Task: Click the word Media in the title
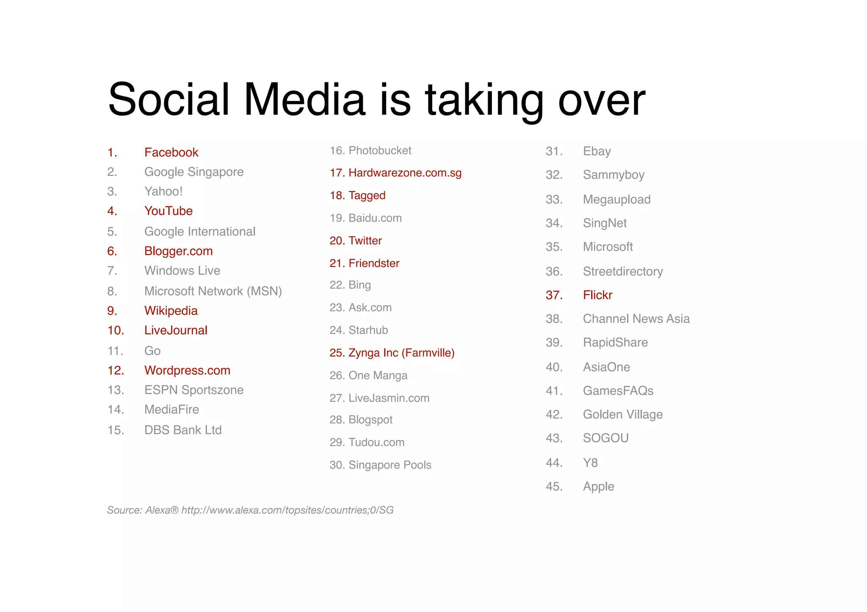click(304, 99)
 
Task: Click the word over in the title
click(602, 102)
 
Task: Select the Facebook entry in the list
click(171, 152)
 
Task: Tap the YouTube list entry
click(168, 211)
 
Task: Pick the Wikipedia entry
click(171, 310)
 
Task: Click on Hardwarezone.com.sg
click(405, 173)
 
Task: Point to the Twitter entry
click(365, 241)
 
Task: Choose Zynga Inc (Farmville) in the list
click(401, 353)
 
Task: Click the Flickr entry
click(597, 295)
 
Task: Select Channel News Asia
click(636, 318)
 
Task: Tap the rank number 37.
click(554, 295)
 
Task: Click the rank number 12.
click(116, 370)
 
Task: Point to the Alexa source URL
click(287, 510)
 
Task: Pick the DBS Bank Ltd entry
click(183, 430)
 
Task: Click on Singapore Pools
click(389, 465)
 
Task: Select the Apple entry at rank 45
click(598, 486)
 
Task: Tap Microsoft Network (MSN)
click(213, 291)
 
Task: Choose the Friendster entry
click(374, 263)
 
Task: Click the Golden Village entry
click(622, 414)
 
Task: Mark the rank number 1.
click(112, 152)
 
